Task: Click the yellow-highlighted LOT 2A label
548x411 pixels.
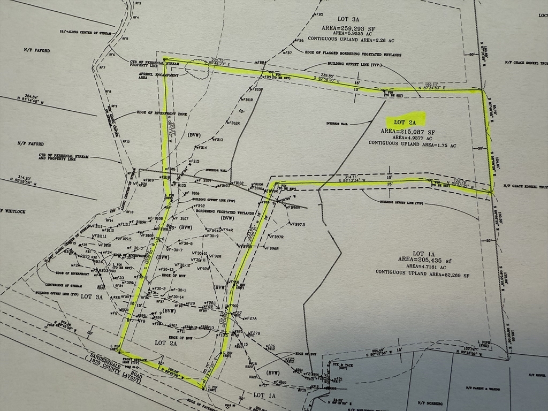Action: (405, 122)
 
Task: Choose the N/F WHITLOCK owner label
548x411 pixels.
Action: (13, 210)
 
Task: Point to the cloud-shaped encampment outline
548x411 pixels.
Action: (198, 70)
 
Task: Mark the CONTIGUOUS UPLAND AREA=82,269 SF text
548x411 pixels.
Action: (423, 273)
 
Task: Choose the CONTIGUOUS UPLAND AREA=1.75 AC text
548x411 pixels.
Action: (412, 145)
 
